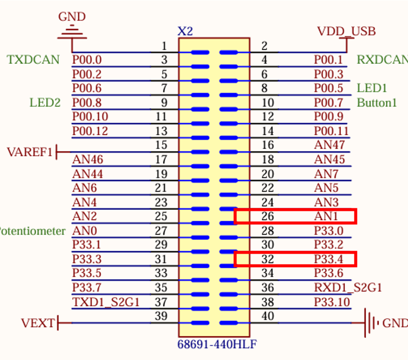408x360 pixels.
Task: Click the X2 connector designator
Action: coord(185,31)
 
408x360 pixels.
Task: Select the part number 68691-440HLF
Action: coord(214,344)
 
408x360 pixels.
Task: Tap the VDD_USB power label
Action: coord(346,31)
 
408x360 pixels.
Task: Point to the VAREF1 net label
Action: coord(29,152)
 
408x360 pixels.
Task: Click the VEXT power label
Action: coord(38,323)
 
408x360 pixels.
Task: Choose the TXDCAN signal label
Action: coord(33,60)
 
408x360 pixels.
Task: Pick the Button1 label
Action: coord(377,103)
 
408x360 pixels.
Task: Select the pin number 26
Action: coord(268,216)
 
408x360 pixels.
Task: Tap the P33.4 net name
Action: coord(328,259)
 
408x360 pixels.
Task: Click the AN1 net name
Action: coord(326,216)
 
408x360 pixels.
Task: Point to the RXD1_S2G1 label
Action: coord(348,287)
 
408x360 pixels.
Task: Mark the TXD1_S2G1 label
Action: coord(106,302)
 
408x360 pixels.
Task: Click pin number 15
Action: coord(161,145)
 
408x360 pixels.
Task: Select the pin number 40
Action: coord(268,316)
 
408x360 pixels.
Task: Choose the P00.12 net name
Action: coord(90,131)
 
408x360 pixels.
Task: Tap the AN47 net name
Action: coord(329,145)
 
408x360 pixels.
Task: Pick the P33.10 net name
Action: coord(331,302)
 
